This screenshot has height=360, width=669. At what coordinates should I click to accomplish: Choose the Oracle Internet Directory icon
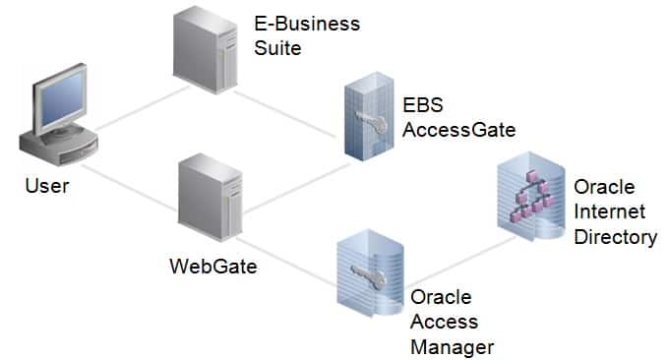(x=532, y=198)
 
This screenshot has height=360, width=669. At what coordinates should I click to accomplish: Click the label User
(x=46, y=185)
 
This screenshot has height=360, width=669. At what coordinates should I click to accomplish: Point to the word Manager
(x=451, y=345)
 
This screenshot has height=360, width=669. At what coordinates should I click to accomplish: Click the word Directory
(x=616, y=237)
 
